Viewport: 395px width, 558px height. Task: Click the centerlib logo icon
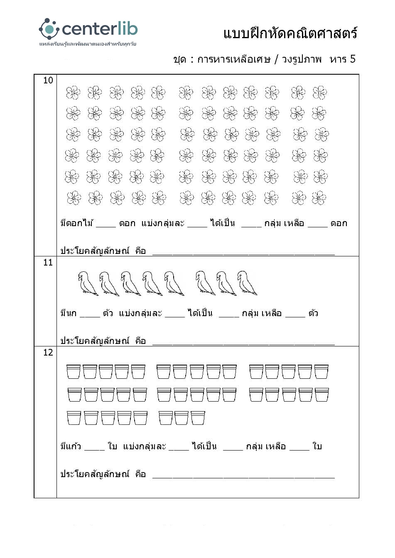tap(49, 29)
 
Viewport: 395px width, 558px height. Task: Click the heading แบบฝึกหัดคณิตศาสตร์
tap(290, 33)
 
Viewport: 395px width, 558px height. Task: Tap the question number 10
tap(48, 80)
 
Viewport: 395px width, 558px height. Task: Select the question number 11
tap(48, 262)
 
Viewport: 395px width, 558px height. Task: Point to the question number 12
tap(48, 352)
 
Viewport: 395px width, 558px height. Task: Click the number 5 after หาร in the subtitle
tap(352, 59)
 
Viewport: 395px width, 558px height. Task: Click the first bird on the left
tap(87, 283)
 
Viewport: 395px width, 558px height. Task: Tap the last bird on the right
tap(247, 283)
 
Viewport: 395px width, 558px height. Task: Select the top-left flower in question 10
tap(73, 93)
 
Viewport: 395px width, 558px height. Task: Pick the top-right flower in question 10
tap(319, 93)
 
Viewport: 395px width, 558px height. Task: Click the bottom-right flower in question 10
tap(319, 198)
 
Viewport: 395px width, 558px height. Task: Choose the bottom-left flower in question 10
tap(74, 198)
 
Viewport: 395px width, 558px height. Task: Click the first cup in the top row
tap(74, 372)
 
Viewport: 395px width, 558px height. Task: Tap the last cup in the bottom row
tap(198, 418)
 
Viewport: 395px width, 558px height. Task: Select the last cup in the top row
tap(321, 372)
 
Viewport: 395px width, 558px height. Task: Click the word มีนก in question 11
tap(69, 313)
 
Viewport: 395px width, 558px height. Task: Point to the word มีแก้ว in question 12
tap(71, 446)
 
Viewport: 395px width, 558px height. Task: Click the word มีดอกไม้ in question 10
tap(77, 223)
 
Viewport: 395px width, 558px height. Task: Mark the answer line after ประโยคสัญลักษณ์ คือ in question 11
tap(243, 343)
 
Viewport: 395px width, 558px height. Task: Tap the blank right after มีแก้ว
tap(94, 448)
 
